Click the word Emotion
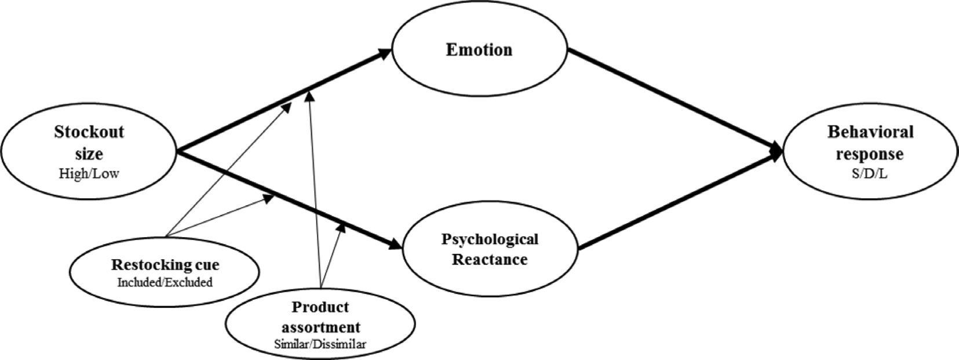pyautogui.click(x=479, y=50)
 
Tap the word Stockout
pyautogui.click(x=89, y=132)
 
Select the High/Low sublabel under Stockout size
pyautogui.click(x=89, y=174)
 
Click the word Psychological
pyautogui.click(x=490, y=239)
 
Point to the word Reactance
pyautogui.click(x=490, y=259)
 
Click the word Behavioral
pyautogui.click(x=870, y=132)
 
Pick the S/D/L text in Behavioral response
pyautogui.click(x=870, y=174)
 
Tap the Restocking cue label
pyautogui.click(x=165, y=266)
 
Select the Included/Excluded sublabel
pyautogui.click(x=165, y=282)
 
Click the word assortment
pyautogui.click(x=320, y=326)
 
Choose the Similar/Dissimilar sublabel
pyautogui.click(x=320, y=344)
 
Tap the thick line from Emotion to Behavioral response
pyautogui.click(x=672, y=99)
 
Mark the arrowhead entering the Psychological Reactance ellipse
pyautogui.click(x=395, y=245)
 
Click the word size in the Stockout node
pyautogui.click(x=89, y=154)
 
